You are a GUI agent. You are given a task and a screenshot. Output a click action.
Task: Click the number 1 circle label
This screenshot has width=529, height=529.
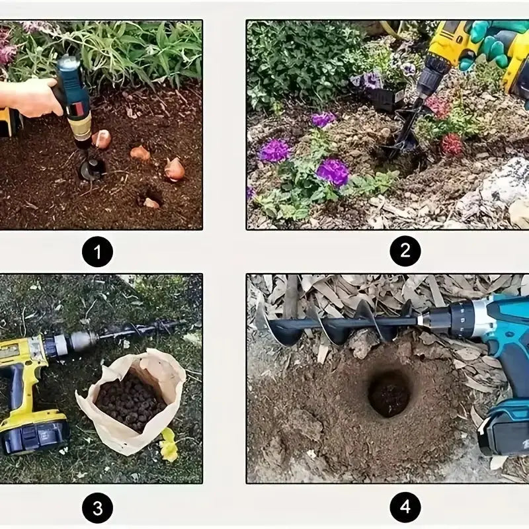97,251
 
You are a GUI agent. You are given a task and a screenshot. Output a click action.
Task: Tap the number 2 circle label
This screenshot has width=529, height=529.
405,251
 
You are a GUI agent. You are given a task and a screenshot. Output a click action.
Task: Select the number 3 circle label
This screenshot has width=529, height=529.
97,508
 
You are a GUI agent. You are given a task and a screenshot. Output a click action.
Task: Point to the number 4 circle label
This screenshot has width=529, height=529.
405,508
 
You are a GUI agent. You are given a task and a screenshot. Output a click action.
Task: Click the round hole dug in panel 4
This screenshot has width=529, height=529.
389,393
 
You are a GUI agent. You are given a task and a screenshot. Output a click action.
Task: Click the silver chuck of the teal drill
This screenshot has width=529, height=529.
440,319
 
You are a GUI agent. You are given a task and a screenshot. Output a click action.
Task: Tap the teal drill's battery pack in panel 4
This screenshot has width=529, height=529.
504,430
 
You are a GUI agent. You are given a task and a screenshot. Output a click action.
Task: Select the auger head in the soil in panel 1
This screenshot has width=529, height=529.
91,167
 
